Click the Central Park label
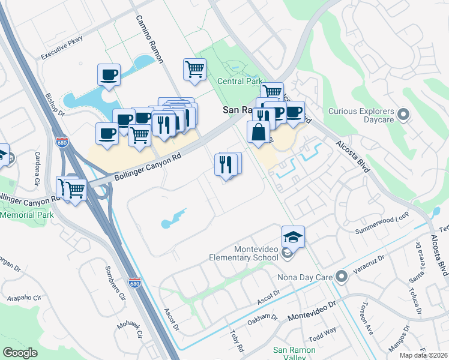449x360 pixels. point(240,80)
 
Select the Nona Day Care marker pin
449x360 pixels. point(342,277)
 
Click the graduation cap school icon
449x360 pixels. point(293,237)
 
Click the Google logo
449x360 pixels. point(20,352)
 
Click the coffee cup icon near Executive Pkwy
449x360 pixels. point(109,75)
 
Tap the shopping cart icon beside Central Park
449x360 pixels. point(194,70)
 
